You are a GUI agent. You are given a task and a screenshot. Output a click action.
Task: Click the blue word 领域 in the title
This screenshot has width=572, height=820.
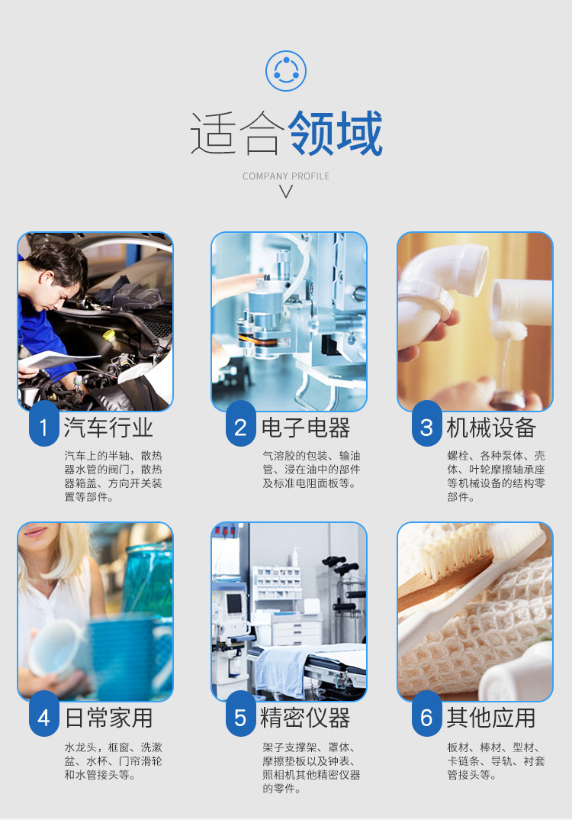click(x=336, y=134)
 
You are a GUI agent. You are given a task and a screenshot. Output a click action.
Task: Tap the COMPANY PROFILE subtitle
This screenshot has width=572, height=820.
click(x=286, y=176)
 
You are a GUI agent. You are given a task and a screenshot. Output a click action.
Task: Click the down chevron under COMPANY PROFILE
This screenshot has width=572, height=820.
click(x=286, y=192)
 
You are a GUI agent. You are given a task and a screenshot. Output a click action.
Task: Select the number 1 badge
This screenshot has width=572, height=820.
click(x=44, y=426)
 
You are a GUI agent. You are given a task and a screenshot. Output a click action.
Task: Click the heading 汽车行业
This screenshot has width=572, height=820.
click(x=108, y=427)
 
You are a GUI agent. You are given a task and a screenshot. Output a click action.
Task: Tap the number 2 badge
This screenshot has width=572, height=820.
click(x=240, y=426)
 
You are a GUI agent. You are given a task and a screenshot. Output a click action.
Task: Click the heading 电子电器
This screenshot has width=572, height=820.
click(x=305, y=427)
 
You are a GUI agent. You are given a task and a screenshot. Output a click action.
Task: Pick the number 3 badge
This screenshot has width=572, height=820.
click(x=426, y=426)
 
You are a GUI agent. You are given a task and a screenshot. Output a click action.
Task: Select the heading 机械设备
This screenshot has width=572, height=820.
click(x=491, y=427)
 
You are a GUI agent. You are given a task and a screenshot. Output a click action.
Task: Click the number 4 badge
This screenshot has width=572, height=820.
click(x=44, y=717)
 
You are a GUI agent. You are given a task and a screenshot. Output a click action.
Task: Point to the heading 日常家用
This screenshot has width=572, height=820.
click(x=108, y=718)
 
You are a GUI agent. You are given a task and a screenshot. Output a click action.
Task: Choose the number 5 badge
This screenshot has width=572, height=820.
click(x=240, y=717)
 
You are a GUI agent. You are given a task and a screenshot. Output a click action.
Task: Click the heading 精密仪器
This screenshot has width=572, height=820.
click(x=305, y=718)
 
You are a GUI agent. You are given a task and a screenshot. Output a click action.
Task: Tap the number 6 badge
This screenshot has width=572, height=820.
click(x=426, y=717)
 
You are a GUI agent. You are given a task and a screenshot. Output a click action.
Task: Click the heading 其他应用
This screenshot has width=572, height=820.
click(x=491, y=718)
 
